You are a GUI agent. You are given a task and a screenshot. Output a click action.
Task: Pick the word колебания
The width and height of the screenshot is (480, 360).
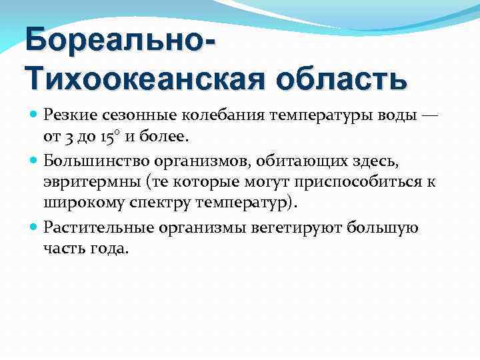coord(207,115)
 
